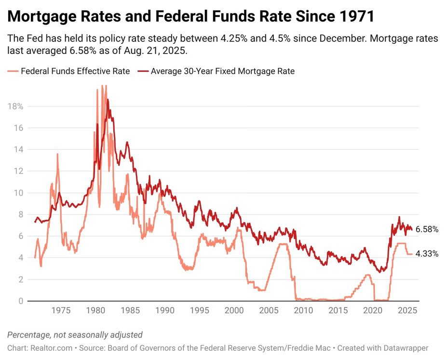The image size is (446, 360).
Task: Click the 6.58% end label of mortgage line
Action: (427, 229)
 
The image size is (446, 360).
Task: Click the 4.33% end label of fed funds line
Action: (427, 253)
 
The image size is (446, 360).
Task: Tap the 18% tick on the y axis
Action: (16, 107)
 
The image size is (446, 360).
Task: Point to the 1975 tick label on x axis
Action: (61, 311)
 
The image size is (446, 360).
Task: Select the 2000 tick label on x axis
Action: (234, 311)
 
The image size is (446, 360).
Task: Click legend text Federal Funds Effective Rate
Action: (75, 71)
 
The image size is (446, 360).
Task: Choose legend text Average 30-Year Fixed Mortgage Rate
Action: (222, 71)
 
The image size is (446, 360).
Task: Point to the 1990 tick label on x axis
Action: (165, 311)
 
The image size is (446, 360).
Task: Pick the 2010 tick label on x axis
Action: (303, 311)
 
